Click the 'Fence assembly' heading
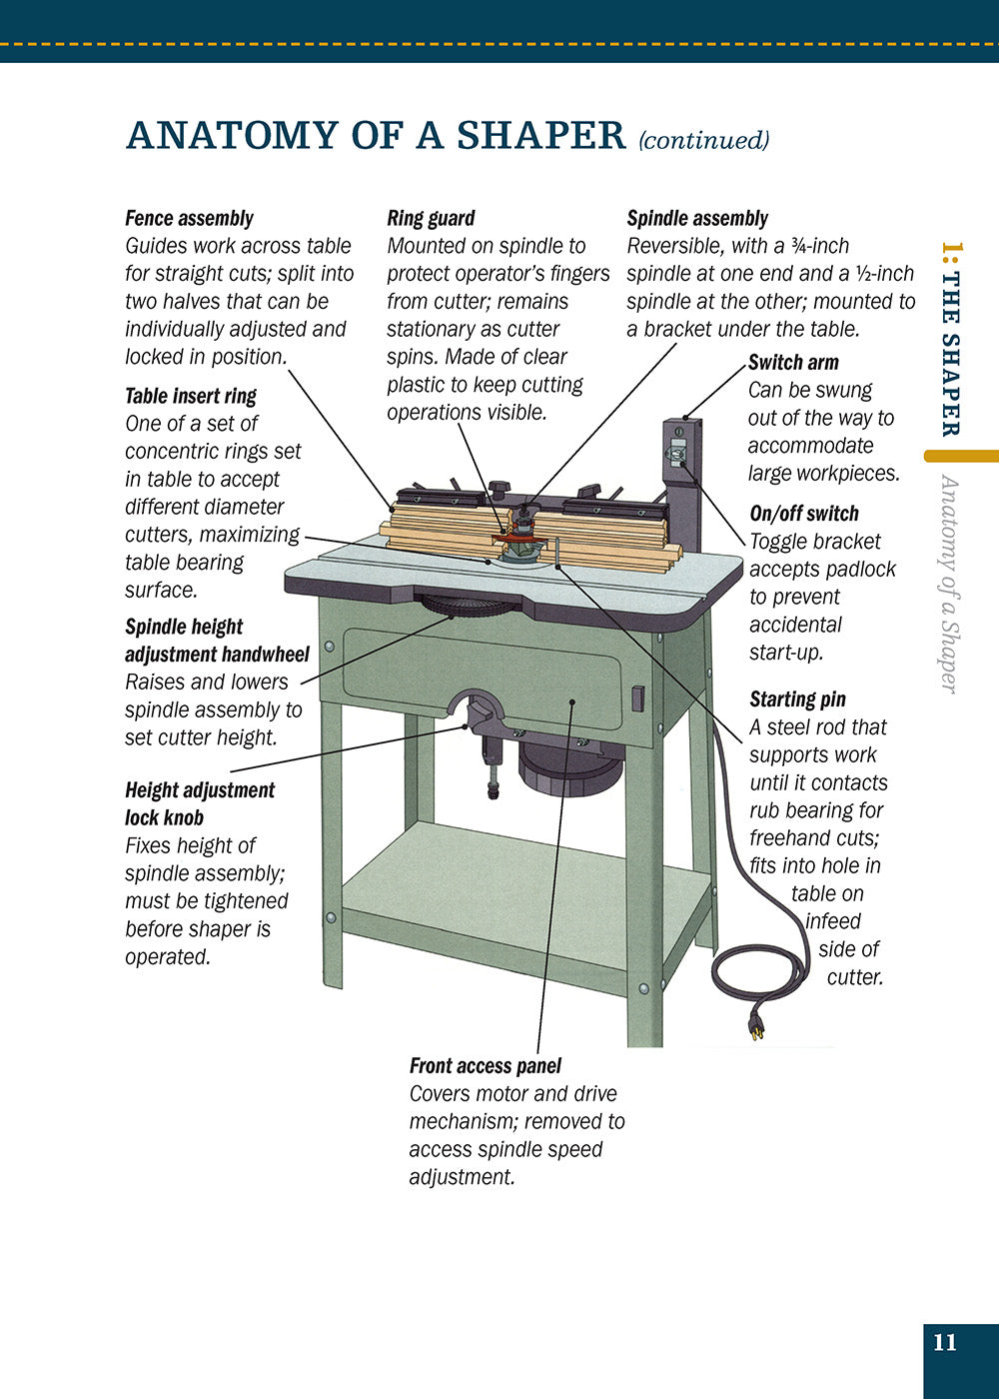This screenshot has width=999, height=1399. (189, 219)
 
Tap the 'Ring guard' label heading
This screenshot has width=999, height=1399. (431, 219)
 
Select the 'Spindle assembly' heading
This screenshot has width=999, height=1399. (697, 219)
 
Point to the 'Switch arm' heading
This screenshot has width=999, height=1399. (793, 362)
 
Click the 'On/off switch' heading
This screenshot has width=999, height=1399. (804, 514)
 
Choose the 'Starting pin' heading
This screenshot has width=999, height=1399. (798, 699)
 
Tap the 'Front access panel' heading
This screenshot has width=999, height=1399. (486, 1066)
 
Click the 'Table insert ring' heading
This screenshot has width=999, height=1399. (191, 396)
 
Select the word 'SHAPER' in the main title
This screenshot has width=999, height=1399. (541, 135)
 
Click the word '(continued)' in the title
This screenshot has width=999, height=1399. (703, 140)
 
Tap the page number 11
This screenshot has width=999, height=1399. (945, 1342)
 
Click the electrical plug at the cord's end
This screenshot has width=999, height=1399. (756, 1024)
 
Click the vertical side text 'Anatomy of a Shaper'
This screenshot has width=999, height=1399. (948, 584)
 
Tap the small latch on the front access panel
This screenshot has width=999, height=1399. (637, 699)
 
